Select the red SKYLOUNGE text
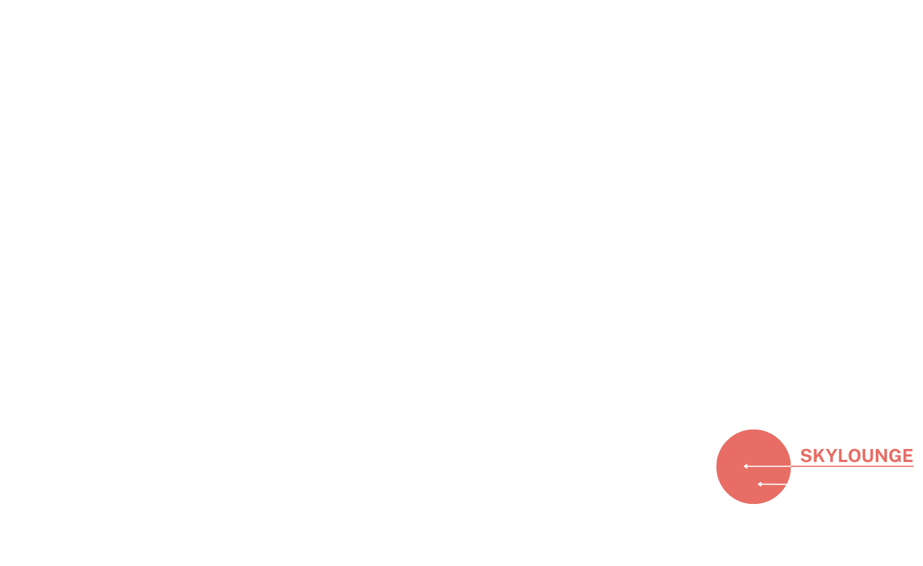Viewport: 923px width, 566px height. tap(856, 456)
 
